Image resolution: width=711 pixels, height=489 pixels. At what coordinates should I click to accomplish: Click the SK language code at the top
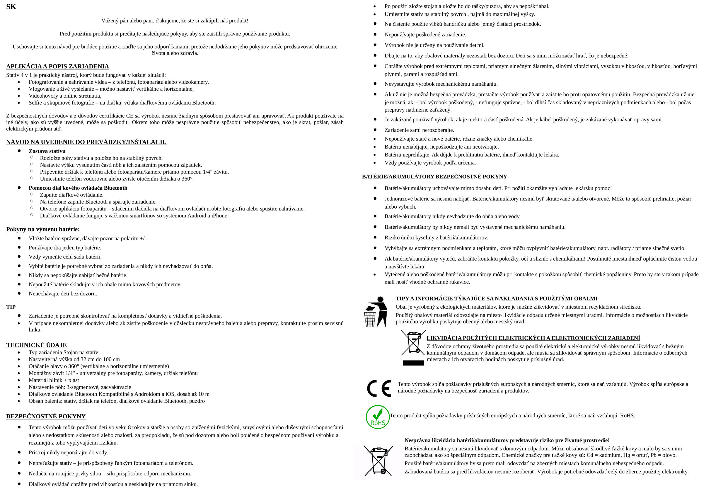pyautogui.click(x=11, y=7)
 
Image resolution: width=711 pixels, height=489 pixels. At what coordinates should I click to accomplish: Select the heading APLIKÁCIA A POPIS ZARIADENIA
pyautogui.click(x=58, y=66)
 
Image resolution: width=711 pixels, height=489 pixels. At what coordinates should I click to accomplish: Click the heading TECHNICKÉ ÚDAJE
pyautogui.click(x=36, y=345)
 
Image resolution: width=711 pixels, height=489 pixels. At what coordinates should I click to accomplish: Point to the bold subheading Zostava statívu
pyautogui.click(x=47, y=151)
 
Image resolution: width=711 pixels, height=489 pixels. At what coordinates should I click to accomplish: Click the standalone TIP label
pyautogui.click(x=11, y=307)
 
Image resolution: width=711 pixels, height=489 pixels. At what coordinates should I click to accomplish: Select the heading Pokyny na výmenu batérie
pyautogui.click(x=43, y=229)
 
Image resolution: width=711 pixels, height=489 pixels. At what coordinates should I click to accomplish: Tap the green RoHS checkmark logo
pyautogui.click(x=378, y=417)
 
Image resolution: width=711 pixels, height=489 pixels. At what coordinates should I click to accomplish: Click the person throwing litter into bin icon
pyautogui.click(x=375, y=312)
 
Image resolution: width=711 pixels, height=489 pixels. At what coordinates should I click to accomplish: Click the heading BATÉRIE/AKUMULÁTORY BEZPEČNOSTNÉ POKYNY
pyautogui.click(x=434, y=177)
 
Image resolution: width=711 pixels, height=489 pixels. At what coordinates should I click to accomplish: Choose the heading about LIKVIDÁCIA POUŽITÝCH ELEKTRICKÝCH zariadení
pyautogui.click(x=533, y=338)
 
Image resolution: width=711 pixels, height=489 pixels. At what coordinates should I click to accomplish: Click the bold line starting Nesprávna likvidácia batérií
pyautogui.click(x=507, y=440)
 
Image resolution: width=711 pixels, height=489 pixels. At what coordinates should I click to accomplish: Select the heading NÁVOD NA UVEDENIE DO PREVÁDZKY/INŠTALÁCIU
pyautogui.click(x=86, y=142)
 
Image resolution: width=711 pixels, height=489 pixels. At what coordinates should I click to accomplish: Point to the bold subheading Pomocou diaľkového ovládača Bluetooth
pyautogui.click(x=78, y=188)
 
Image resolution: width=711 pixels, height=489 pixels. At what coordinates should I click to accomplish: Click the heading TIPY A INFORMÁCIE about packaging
pyautogui.click(x=496, y=298)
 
